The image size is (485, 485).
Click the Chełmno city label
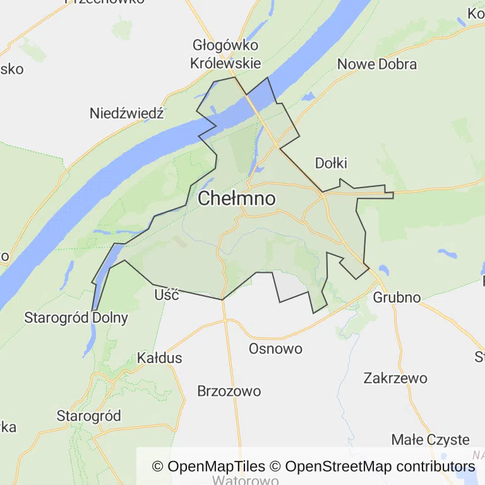[237, 199]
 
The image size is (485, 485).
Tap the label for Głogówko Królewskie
[225, 54]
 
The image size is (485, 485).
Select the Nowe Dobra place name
[377, 64]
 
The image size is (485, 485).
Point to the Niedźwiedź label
[126, 114]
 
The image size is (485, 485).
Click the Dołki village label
[331, 164]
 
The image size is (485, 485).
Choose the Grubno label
[397, 297]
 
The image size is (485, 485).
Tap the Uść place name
[167, 295]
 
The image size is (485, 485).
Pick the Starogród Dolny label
[76, 318]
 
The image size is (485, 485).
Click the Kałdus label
[159, 358]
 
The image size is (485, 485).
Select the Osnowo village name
[275, 349]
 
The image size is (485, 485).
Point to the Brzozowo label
[229, 391]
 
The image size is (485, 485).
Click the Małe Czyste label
[430, 440]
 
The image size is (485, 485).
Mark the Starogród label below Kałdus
[88, 416]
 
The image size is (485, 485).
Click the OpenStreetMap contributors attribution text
[380, 467]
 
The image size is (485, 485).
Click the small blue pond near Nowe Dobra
[308, 97]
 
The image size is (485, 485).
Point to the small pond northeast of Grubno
[448, 254]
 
